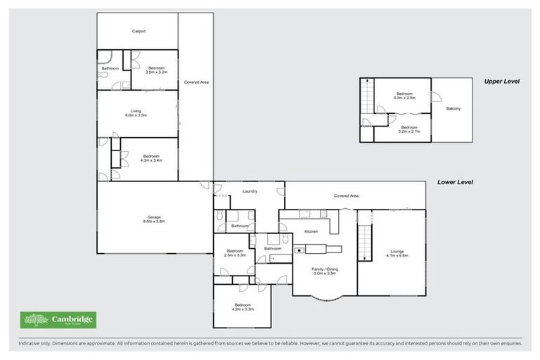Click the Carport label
(139, 31)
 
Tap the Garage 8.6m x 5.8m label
(153, 219)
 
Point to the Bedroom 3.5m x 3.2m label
(155, 70)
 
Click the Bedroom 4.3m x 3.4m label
(152, 158)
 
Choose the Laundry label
(249, 191)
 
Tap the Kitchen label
(311, 231)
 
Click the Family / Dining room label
(324, 271)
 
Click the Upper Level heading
(501, 82)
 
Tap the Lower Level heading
(455, 181)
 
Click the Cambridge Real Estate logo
(58, 320)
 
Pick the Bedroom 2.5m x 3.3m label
(235, 253)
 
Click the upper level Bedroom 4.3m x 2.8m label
(404, 96)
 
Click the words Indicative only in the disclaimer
(32, 343)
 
